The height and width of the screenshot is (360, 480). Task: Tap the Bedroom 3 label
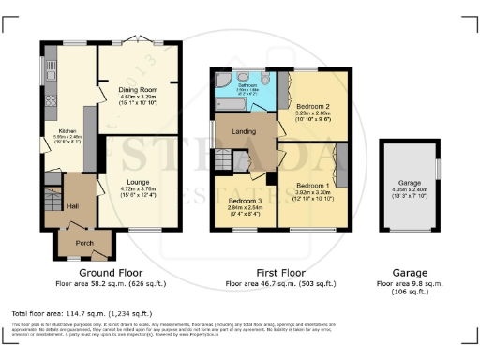pos(243,202)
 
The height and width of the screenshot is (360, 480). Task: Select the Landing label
pos(243,143)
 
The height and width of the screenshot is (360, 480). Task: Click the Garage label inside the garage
pos(408,185)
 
